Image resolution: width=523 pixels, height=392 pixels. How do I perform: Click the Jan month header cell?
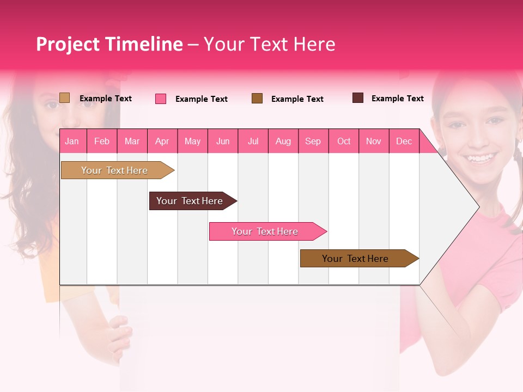(x=72, y=141)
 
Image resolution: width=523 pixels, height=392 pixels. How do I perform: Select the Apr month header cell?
(x=162, y=141)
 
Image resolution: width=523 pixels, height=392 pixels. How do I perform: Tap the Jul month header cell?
(x=253, y=141)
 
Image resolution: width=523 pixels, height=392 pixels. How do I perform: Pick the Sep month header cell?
(x=313, y=141)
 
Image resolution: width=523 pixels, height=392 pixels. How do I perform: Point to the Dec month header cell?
(x=404, y=141)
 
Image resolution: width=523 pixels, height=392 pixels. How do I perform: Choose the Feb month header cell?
(x=102, y=141)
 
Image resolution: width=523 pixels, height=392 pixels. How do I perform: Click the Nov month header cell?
(x=374, y=141)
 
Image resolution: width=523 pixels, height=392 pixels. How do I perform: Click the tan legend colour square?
(x=65, y=98)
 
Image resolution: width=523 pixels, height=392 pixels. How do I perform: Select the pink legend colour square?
(x=161, y=99)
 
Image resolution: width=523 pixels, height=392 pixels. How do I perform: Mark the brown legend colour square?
(x=257, y=98)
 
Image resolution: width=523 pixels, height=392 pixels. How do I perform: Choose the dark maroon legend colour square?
(x=358, y=98)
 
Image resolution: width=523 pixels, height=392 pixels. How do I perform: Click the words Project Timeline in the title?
(x=110, y=44)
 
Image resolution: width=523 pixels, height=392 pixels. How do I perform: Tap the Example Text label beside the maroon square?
(x=397, y=99)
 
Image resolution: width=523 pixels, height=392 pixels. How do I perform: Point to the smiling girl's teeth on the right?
(x=480, y=158)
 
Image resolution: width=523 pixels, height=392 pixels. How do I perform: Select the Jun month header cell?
(x=223, y=141)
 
